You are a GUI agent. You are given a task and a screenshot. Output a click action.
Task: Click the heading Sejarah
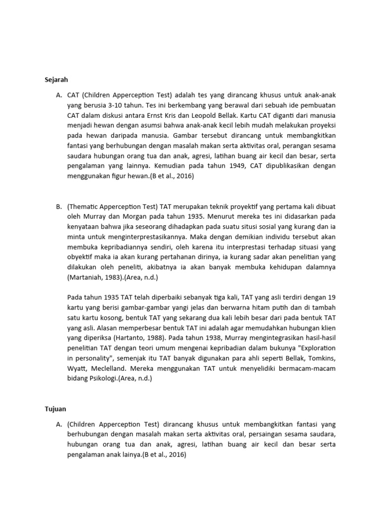click(x=56, y=79)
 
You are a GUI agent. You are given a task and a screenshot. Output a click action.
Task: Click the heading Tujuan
click(x=55, y=409)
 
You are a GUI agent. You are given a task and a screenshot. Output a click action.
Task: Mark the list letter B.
click(x=59, y=206)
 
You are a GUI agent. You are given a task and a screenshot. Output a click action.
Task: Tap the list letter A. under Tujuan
click(x=59, y=424)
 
